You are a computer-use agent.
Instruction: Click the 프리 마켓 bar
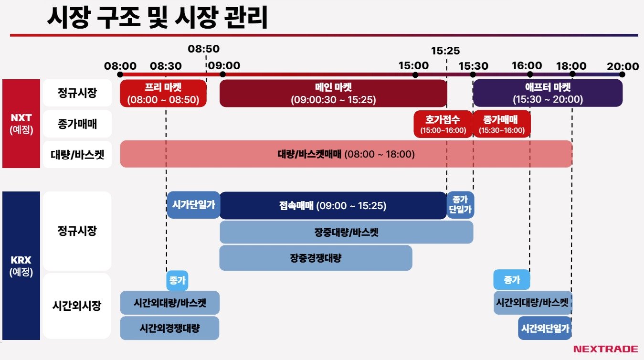click(x=163, y=94)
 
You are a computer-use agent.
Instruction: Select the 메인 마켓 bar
click(x=333, y=94)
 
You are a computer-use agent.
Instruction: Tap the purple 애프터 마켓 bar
click(x=547, y=94)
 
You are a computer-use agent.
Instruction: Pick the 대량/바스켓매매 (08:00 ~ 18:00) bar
click(x=346, y=154)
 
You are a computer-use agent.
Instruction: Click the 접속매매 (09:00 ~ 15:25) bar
click(x=333, y=206)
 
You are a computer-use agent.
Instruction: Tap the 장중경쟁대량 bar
click(x=316, y=258)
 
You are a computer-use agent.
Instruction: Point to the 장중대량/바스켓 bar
click(x=346, y=232)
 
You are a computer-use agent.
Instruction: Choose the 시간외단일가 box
click(x=545, y=328)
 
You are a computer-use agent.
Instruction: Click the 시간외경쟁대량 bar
click(x=169, y=328)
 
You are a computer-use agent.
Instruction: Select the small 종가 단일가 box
click(x=460, y=205)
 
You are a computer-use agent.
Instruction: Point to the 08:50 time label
click(x=203, y=49)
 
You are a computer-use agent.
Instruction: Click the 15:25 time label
click(x=445, y=51)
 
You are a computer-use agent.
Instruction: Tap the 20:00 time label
click(x=623, y=66)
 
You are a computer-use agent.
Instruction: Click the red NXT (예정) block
click(x=21, y=124)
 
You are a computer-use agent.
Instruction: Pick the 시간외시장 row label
click(x=77, y=306)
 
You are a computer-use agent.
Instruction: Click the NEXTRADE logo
click(x=605, y=349)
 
